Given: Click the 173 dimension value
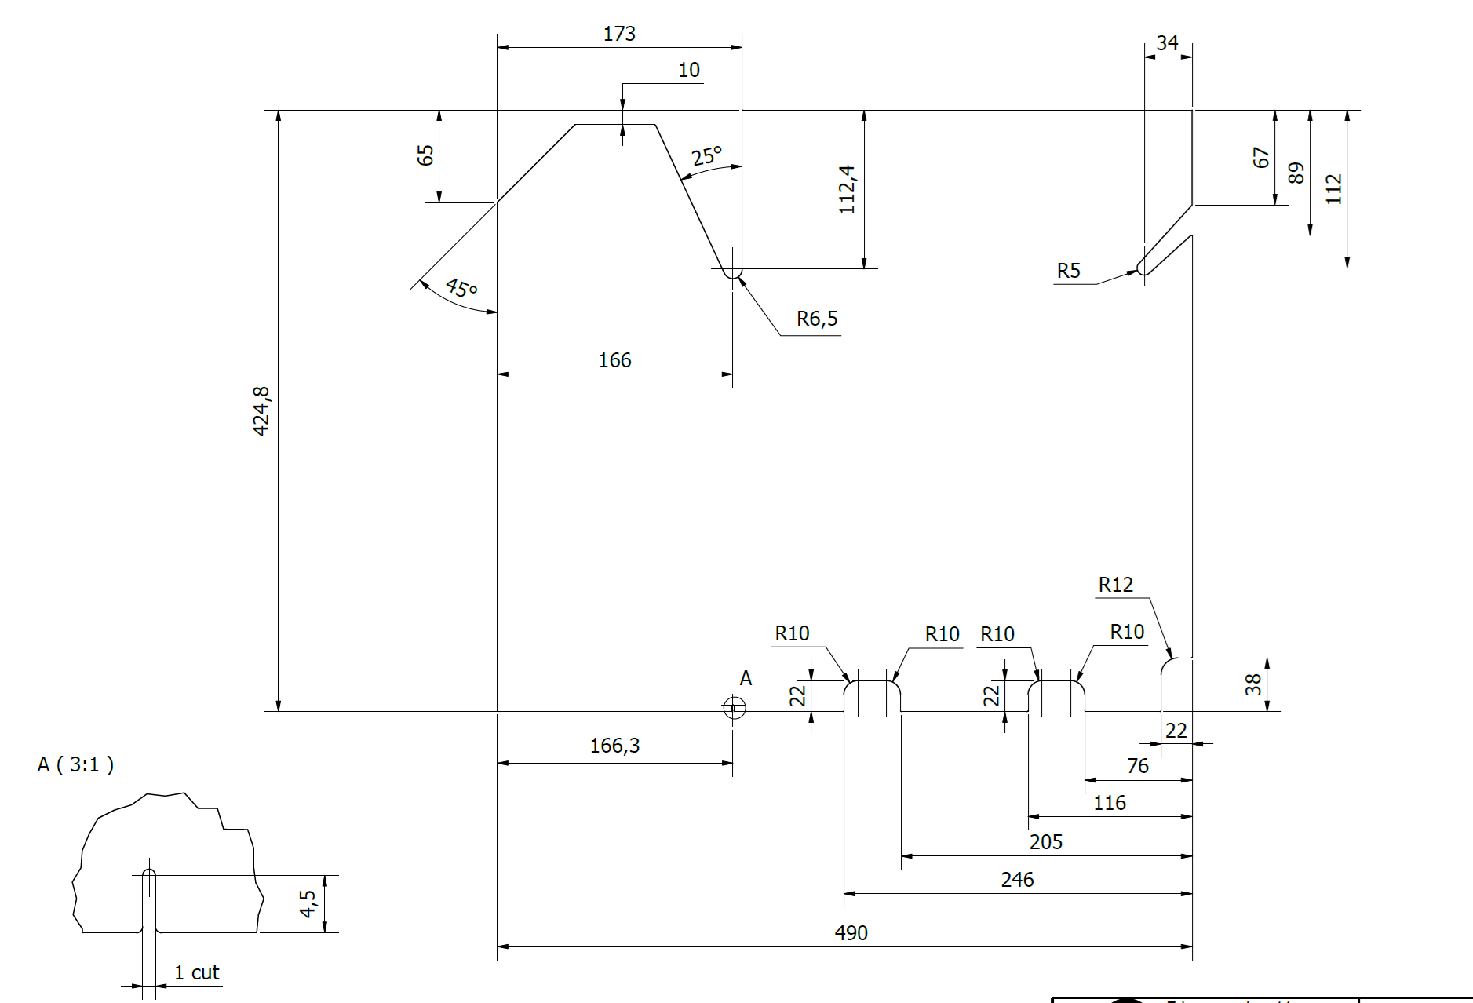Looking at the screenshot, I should [619, 34].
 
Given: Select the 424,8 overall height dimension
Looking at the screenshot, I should [261, 410].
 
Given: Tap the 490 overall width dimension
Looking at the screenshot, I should [851, 932].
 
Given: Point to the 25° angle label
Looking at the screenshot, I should [706, 156].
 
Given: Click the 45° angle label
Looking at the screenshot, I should [461, 288].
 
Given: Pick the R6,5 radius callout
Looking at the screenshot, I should [817, 319].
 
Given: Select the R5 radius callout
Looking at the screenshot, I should [1068, 271].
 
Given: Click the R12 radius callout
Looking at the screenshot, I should [1115, 585].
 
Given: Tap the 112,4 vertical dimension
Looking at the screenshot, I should [847, 189].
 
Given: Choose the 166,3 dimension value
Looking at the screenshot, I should [614, 746].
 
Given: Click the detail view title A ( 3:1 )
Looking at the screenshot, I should [75, 764].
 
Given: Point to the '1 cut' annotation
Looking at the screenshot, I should [196, 972].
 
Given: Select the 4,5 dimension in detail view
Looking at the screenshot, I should [308, 903].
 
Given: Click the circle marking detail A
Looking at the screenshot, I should [734, 708].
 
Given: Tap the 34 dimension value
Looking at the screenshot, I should [1167, 43].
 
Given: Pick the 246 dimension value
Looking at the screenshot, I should [1017, 880].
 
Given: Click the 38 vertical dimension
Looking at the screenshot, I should [1253, 684].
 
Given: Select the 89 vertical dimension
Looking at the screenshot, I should [1296, 173].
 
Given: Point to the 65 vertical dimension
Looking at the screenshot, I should [425, 155].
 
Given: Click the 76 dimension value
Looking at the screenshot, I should [1138, 766].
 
